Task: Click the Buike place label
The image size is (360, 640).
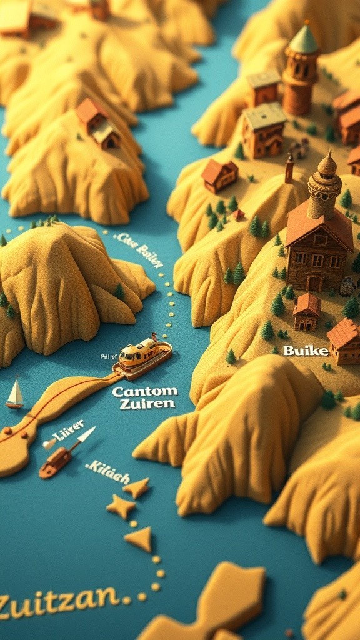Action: click(306, 351)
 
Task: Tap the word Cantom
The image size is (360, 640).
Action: click(144, 392)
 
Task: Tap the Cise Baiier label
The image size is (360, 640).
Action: click(139, 249)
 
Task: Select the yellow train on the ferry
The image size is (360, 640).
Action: click(138, 352)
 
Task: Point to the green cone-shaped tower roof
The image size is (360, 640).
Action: click(304, 40)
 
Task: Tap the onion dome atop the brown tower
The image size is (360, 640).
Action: click(326, 166)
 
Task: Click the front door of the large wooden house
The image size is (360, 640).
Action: click(314, 283)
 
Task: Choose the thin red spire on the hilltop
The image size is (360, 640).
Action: click(289, 167)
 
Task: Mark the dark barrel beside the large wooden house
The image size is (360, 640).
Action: click(347, 286)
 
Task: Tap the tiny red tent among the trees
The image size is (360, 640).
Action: click(237, 214)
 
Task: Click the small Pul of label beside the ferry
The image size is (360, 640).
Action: click(109, 357)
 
